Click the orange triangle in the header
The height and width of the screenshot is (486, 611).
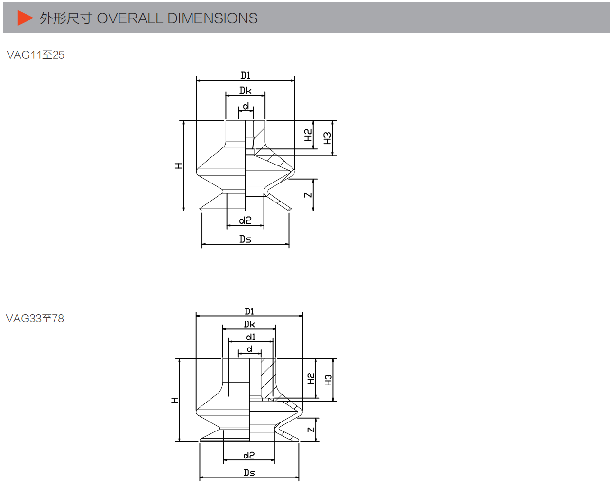point(25,18)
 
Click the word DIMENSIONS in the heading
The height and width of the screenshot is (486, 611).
point(212,18)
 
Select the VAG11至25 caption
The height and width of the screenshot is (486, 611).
point(36,55)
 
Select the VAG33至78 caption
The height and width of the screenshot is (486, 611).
point(35,319)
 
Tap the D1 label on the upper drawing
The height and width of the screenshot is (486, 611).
point(246,75)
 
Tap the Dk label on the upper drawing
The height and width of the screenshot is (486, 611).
point(246,91)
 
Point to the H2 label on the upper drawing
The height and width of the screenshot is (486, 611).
point(308,135)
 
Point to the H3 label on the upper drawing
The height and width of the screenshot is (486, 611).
point(328,138)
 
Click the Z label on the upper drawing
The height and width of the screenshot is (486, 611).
point(308,195)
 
